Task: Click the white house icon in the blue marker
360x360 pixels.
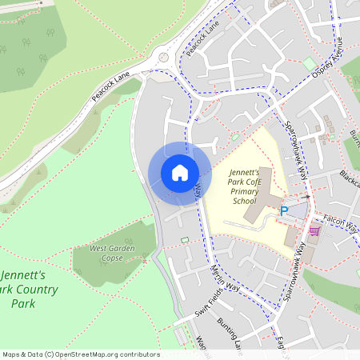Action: tap(179, 173)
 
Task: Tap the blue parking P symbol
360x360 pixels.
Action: tap(283, 211)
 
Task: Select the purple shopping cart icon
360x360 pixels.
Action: tap(314, 230)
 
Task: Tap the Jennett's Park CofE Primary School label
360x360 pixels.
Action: tap(245, 186)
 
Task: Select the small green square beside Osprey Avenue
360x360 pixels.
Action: tap(309, 63)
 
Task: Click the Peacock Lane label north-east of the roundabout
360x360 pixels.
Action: tap(202, 38)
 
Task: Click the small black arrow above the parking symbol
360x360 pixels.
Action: tap(306, 197)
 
